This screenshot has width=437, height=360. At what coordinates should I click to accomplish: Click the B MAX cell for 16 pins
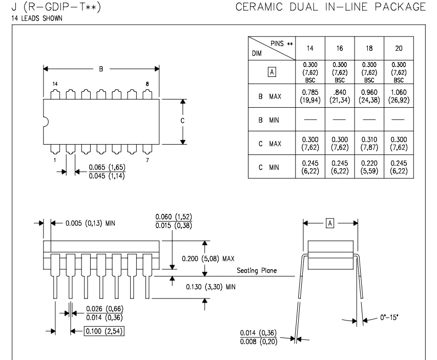(x=340, y=96)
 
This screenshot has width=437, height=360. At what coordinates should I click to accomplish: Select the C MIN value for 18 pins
(x=369, y=167)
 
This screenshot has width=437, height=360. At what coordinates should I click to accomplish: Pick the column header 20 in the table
(x=399, y=48)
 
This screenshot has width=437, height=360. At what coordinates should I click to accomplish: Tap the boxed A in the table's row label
(x=272, y=72)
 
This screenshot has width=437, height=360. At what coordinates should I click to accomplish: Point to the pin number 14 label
(x=55, y=84)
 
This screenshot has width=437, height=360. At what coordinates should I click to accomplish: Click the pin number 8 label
(x=147, y=84)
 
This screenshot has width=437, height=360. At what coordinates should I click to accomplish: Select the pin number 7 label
(x=148, y=160)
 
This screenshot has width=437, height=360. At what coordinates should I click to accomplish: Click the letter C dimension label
(x=182, y=121)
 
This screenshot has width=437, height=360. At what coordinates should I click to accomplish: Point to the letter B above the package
(x=101, y=69)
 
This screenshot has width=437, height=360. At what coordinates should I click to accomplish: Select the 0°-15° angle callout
(x=389, y=317)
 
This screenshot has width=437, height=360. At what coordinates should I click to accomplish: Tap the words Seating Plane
(x=257, y=270)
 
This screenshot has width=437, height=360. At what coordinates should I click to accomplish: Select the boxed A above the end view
(x=330, y=223)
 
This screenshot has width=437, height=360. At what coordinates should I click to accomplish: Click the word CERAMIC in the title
(x=259, y=7)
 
